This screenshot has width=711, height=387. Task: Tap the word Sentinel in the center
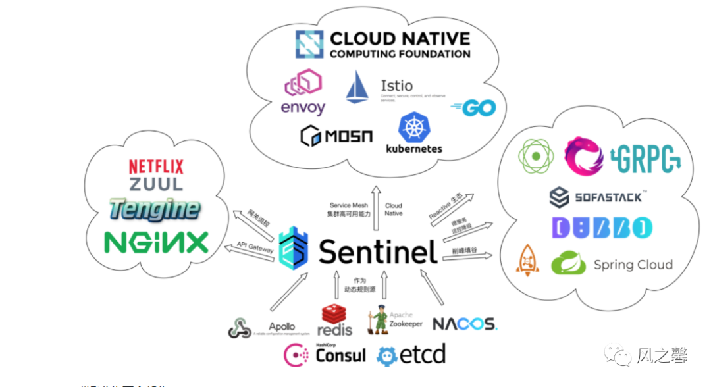(378, 251)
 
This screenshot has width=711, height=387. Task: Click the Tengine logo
(155, 209)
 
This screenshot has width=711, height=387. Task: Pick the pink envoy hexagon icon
(303, 85)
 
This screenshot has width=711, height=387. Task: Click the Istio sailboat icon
(357, 86)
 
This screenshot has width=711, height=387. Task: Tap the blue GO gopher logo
(474, 107)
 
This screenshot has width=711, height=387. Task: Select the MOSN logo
(336, 136)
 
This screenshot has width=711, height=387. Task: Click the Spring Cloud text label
(633, 265)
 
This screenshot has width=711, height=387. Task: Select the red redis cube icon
(333, 314)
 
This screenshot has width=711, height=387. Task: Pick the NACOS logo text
(464, 323)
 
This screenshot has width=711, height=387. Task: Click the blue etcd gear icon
(388, 356)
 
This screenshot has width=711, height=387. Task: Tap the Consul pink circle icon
(294, 355)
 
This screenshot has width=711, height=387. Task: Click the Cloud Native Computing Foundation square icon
(308, 44)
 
